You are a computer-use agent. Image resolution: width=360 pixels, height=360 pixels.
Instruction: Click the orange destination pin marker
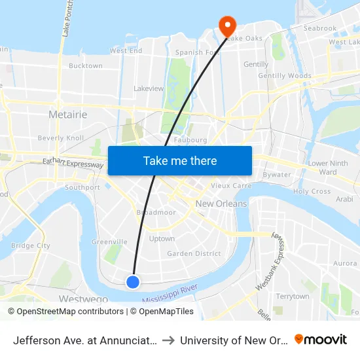(227, 26)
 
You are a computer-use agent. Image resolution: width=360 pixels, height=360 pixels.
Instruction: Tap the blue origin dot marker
(133, 281)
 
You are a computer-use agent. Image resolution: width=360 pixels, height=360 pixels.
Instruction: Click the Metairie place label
(68, 115)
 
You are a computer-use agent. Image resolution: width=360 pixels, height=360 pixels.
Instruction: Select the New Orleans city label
(221, 204)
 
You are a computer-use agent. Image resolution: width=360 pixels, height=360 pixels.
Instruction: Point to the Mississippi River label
(170, 293)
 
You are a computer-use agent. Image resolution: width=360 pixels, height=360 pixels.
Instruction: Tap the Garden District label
(194, 253)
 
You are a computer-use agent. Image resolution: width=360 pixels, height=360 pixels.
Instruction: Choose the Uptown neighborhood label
(162, 239)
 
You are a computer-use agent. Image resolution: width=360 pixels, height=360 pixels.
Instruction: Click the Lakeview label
(149, 88)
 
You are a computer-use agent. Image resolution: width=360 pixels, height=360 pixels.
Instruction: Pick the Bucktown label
(86, 66)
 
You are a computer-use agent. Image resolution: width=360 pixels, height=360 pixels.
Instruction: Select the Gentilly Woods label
(285, 76)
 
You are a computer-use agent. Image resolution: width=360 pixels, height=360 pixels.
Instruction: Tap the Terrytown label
(292, 297)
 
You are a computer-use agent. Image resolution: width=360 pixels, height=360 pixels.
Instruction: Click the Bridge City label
(30, 245)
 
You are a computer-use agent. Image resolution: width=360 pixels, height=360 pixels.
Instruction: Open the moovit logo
(321, 339)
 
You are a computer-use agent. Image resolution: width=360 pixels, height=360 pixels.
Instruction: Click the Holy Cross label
(312, 192)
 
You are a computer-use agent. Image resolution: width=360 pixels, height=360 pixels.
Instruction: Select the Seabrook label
(320, 28)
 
